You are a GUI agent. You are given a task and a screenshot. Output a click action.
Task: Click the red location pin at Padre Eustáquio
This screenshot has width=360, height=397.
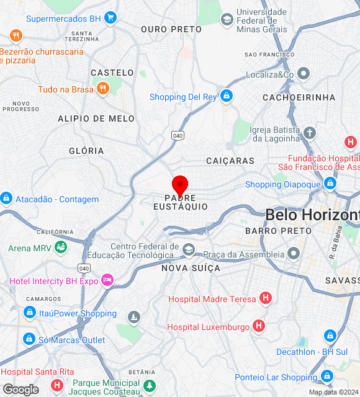coord(180,185)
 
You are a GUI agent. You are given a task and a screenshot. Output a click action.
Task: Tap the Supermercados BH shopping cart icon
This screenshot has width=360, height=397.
coord(110,18)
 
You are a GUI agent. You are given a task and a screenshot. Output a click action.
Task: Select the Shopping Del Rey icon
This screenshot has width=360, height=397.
coord(227,96)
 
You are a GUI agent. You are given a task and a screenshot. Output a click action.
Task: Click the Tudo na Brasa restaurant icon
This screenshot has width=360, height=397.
coord(103,89)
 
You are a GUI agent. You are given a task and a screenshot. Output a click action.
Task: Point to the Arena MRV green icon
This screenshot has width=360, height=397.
coord(61,248)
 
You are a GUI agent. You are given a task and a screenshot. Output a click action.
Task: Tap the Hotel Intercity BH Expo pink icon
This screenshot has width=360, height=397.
coord(107,280)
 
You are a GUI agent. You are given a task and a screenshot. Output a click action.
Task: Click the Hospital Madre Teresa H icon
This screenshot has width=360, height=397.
coord(266,299)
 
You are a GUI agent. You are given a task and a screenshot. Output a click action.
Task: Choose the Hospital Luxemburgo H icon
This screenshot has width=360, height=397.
coord(259,326)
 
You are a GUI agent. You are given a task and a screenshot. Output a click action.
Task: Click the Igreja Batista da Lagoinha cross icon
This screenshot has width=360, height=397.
coord(309,133)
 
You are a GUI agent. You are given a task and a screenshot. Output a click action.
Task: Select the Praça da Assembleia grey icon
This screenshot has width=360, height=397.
coord(293,254)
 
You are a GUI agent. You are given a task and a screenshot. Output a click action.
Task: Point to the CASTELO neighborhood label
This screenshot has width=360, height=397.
coord(112,73)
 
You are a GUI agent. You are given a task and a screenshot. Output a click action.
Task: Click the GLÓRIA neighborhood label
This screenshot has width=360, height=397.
coord(86,151)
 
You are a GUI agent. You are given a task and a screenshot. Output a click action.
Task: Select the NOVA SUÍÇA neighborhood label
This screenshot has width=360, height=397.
coord(191,268)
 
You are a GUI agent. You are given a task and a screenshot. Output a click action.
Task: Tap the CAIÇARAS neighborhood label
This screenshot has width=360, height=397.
coord(230,161)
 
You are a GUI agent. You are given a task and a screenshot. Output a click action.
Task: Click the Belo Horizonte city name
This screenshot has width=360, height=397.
coord(312,215)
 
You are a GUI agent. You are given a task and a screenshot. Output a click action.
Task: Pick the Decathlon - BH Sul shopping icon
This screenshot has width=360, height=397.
coord(330,336)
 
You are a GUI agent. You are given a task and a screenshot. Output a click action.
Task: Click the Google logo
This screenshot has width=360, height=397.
coord(20,390)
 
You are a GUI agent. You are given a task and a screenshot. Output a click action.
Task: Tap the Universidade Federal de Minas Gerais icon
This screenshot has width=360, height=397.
coord(227,19)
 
